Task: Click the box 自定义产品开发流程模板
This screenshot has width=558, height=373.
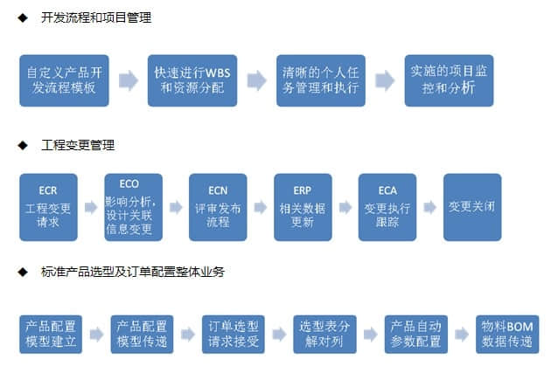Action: click(x=65, y=80)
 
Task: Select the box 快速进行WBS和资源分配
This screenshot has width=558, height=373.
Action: click(x=192, y=80)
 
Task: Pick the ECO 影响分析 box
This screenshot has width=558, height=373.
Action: click(x=133, y=207)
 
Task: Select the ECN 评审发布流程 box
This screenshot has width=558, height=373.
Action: click(x=218, y=207)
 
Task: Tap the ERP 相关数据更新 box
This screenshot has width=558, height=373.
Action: click(x=303, y=207)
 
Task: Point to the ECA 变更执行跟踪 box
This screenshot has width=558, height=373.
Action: click(x=387, y=207)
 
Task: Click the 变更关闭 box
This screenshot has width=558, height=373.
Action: click(x=472, y=207)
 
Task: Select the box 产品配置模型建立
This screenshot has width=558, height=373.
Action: click(x=49, y=334)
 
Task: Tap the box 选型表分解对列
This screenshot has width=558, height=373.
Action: click(x=324, y=334)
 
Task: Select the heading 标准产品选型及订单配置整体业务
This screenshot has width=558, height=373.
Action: click(x=132, y=272)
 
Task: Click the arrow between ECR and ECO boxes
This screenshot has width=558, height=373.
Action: click(x=91, y=208)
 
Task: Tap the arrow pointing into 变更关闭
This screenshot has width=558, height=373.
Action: click(x=430, y=208)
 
